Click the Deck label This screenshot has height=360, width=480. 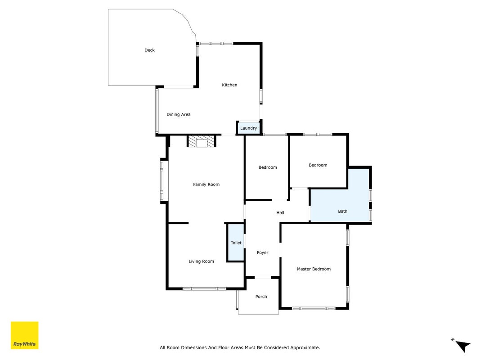pos(149,50)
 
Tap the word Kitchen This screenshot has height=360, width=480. pos(229,85)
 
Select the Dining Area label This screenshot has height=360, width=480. pos(179,114)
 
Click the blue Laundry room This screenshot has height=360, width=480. pos(249,128)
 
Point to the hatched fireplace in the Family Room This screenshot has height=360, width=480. pos(202,142)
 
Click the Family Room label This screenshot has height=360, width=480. pos(206,184)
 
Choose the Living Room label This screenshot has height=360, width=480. pos(201,261)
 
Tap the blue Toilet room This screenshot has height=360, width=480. pos(236,243)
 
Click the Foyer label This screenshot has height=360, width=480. pos(262,252)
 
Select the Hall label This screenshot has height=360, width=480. pos(280,213)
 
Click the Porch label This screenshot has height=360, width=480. pos(261,297)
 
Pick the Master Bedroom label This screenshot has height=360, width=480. pos(314,269)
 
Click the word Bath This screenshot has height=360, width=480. pos(342,211)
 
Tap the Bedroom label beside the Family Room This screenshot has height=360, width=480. pos(268,167)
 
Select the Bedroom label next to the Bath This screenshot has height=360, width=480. pos(318,165)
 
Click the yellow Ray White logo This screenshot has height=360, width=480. pos(24,335)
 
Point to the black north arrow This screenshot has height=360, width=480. pos(463,346)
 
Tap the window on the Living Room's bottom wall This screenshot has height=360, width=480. pos(205,288)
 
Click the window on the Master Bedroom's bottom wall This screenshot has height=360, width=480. pos(314,308)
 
